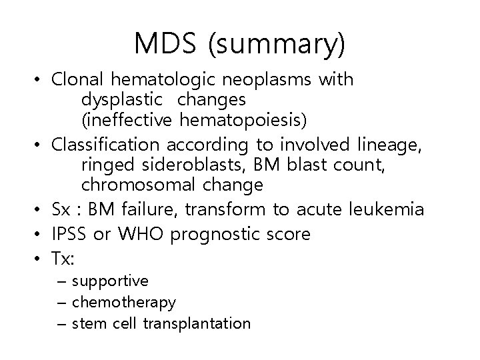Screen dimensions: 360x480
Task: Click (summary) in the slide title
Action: tap(277, 43)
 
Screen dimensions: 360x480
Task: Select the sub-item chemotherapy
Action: tap(123, 303)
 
